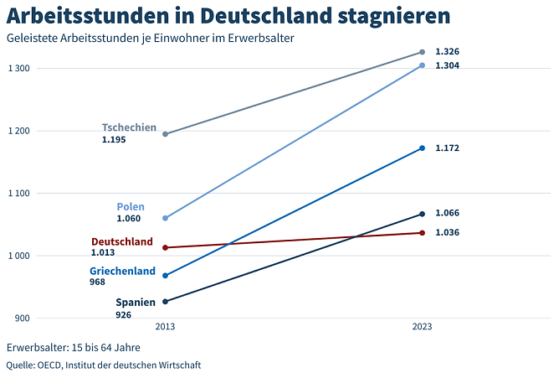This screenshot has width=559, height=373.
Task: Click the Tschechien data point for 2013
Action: click(165, 134)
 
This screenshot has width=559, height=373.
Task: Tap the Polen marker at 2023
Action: click(422, 65)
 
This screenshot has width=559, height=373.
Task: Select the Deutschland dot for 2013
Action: click(165, 247)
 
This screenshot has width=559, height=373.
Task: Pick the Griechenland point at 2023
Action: click(422, 148)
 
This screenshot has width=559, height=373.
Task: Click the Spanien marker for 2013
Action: click(165, 302)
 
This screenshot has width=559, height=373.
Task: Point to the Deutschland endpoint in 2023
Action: click(422, 233)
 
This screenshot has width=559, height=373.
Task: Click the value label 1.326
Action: click(447, 52)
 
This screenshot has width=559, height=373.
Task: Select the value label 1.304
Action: click(447, 65)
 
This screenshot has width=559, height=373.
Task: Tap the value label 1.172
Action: click(447, 148)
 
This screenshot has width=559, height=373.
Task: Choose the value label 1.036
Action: click(447, 232)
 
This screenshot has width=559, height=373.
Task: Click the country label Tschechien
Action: click(129, 127)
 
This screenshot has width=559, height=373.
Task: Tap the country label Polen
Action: click(131, 206)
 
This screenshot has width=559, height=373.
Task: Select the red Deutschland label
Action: click(121, 241)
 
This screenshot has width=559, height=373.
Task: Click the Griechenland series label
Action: click(122, 271)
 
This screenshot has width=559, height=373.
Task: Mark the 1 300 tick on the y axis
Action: click(18, 68)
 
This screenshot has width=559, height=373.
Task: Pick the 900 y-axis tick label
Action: click(23, 319)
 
